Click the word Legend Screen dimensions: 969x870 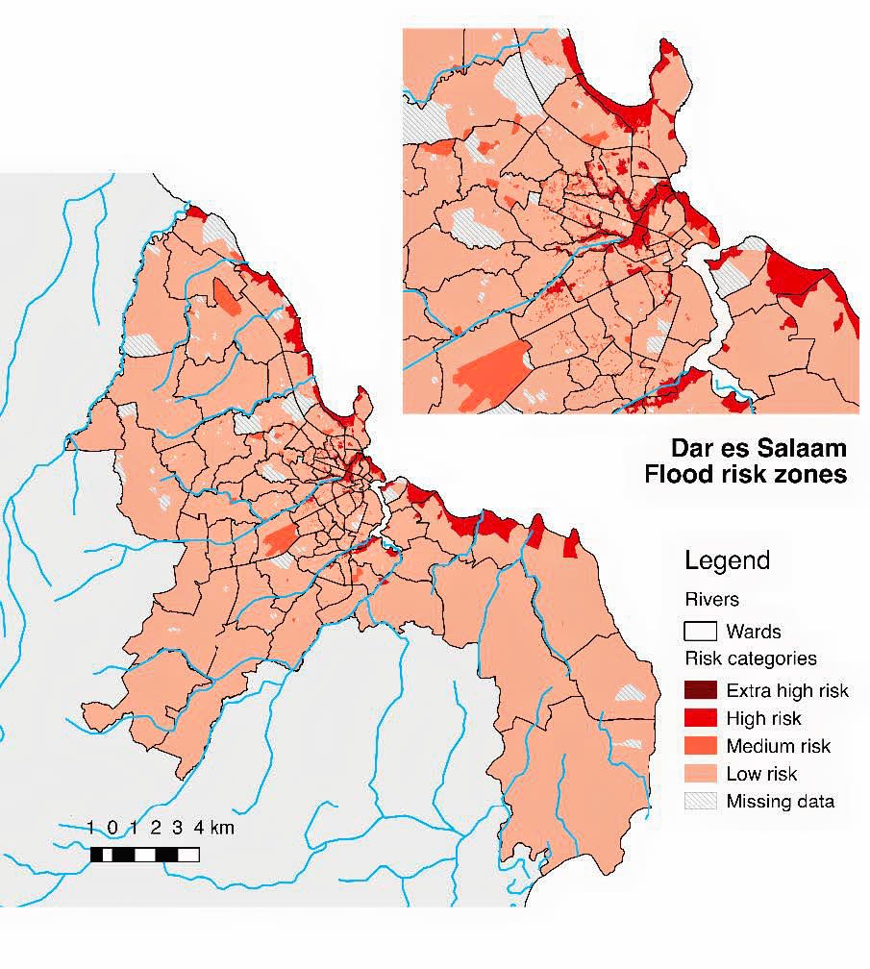[x=727, y=561]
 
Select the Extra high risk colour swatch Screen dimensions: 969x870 [x=701, y=690]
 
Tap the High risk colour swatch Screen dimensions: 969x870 [x=701, y=718]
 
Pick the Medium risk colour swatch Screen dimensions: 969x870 [x=701, y=746]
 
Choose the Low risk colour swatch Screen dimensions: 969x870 [x=701, y=774]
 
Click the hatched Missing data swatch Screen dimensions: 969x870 [x=701, y=802]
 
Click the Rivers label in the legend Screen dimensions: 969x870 [x=711, y=600]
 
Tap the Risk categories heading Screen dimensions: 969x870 [x=750, y=659]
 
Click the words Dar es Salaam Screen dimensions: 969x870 [x=758, y=448]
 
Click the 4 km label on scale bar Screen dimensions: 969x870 [x=214, y=828]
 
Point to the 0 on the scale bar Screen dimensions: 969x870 [x=112, y=828]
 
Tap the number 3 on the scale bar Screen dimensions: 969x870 [x=178, y=828]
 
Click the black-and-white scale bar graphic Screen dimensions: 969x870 [x=144, y=854]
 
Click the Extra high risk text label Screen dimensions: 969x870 [x=787, y=690]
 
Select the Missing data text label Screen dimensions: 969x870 [x=780, y=802]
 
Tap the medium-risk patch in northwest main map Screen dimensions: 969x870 [x=225, y=297]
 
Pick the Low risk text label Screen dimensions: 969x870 [x=761, y=774]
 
